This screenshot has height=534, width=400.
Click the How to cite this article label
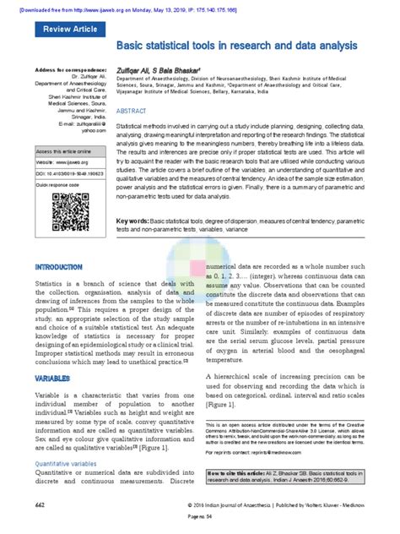pyautogui.click(x=238, y=472)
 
